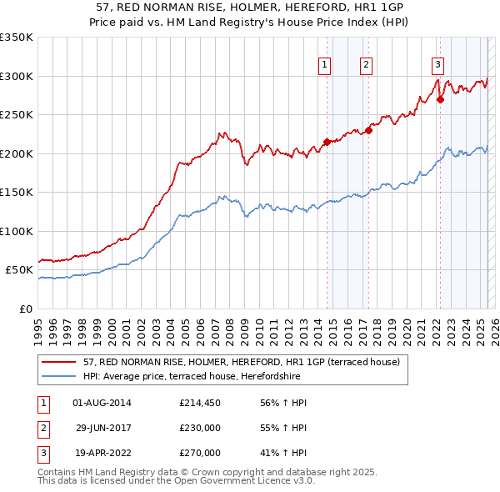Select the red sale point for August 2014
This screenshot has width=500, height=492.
[x=327, y=143]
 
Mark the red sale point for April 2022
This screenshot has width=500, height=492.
[x=440, y=99]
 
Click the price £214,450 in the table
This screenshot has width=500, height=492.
[x=200, y=403]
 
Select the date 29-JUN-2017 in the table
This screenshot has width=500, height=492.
[x=102, y=428]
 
